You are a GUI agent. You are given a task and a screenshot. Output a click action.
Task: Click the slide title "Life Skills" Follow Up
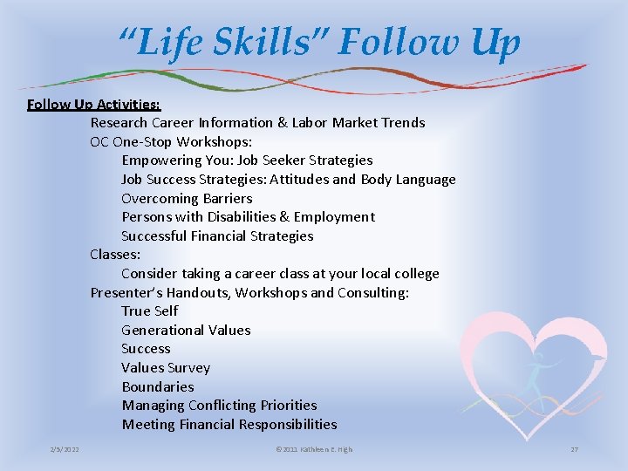pyautogui.click(x=320, y=42)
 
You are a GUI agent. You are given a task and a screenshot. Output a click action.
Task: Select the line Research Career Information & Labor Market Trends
pyautogui.click(x=257, y=123)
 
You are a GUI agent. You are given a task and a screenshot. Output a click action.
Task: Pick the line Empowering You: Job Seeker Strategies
pyautogui.click(x=247, y=160)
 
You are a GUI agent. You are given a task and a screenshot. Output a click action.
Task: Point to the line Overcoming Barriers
pyautogui.click(x=187, y=198)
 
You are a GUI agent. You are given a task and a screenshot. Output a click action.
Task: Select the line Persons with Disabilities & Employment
pyautogui.click(x=248, y=217)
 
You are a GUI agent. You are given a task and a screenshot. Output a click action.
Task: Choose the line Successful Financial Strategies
pyautogui.click(x=217, y=236)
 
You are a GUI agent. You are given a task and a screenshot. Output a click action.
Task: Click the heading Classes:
pyautogui.click(x=115, y=255)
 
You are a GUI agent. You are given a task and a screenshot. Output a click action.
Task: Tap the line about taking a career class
pyautogui.click(x=280, y=274)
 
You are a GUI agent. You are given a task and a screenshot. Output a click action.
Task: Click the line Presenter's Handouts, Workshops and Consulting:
pyautogui.click(x=249, y=293)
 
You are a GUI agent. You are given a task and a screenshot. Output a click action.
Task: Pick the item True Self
pyautogui.click(x=149, y=311)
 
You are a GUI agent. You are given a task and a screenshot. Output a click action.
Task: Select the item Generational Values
pyautogui.click(x=186, y=331)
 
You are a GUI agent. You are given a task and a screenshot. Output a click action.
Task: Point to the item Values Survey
pyautogui.click(x=166, y=368)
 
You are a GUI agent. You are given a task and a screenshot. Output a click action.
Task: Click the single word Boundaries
pyautogui.click(x=158, y=387)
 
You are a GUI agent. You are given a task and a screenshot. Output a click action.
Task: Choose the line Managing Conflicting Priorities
pyautogui.click(x=219, y=406)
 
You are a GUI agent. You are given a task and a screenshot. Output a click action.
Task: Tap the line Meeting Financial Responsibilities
pyautogui.click(x=229, y=425)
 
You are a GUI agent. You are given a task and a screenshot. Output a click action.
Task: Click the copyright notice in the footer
pyautogui.click(x=314, y=449)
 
